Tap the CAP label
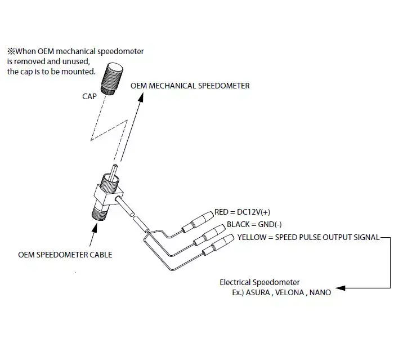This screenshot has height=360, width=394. (x=89, y=96)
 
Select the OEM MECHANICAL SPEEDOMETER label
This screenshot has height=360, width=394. (x=190, y=86)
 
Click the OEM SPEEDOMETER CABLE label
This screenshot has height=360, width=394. (x=65, y=255)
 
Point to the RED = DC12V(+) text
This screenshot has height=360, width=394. (x=243, y=212)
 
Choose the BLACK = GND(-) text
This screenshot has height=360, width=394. (x=249, y=224)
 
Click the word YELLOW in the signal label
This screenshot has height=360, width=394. (x=251, y=237)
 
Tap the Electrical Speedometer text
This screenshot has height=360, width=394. (x=259, y=282)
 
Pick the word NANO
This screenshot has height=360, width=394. (x=320, y=292)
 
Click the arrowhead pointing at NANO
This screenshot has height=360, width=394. (x=339, y=287)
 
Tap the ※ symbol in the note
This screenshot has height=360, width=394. (x=10, y=51)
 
